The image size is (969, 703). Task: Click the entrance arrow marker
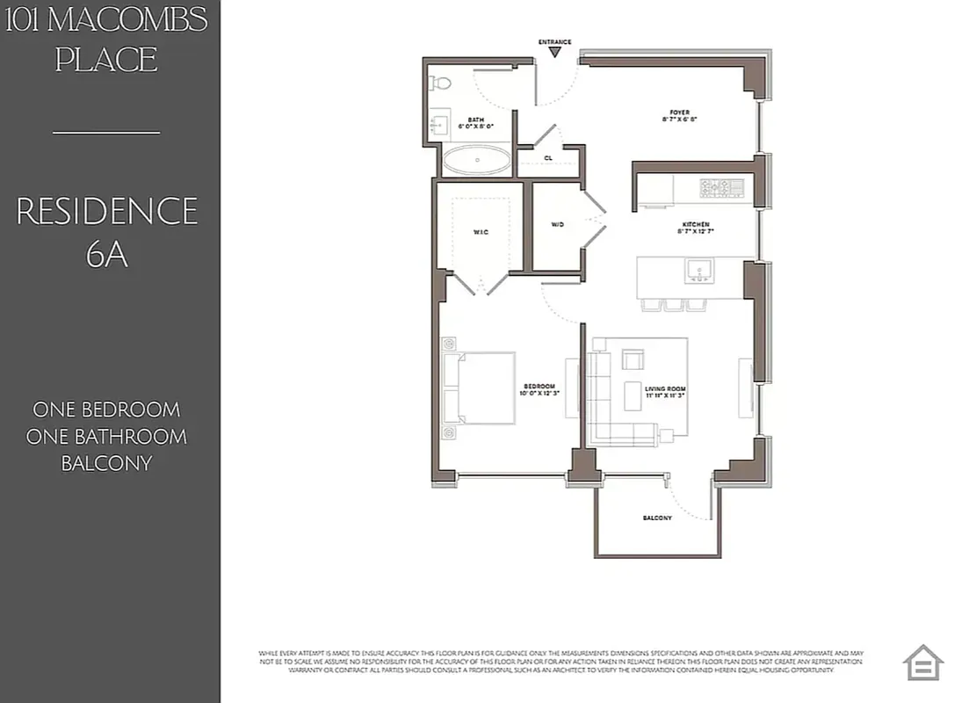click(554, 53)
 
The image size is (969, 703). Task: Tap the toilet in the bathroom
click(440, 83)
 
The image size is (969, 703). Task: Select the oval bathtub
click(475, 161)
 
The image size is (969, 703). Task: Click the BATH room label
click(475, 123)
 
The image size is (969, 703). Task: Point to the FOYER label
click(679, 115)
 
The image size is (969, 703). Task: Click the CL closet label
click(548, 158)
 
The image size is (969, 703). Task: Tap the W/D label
click(557, 225)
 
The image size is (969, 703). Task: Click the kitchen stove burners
click(721, 187)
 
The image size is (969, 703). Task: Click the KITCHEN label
click(693, 228)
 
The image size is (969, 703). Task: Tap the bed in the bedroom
click(480, 388)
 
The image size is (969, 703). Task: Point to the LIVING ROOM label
click(665, 391)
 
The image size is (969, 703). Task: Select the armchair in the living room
click(633, 359)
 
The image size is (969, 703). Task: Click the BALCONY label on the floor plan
click(656, 518)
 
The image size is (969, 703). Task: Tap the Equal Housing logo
click(922, 663)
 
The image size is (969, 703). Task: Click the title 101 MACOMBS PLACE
click(107, 40)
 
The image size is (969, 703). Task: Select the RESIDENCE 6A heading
click(107, 231)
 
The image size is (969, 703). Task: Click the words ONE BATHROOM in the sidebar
click(107, 437)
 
